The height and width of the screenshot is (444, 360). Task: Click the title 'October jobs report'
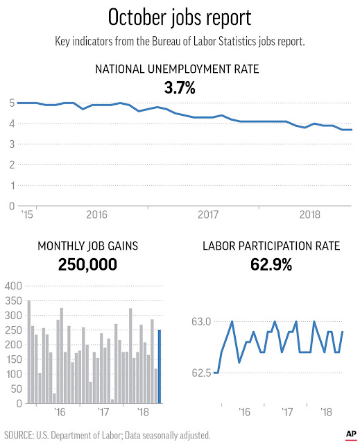click(180, 17)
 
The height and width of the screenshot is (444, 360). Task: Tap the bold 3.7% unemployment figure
click(180, 88)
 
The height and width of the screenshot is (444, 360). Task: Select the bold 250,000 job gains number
click(87, 265)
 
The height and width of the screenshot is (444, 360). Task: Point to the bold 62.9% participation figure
click(271, 265)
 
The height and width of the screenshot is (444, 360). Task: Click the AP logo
click(351, 435)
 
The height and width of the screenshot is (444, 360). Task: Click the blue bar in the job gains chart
click(160, 367)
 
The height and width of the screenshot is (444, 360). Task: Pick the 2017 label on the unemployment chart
click(208, 214)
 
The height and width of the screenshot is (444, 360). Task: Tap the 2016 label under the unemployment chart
click(97, 214)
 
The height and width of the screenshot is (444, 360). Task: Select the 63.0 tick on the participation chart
click(201, 322)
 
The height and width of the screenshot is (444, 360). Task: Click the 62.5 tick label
click(201, 373)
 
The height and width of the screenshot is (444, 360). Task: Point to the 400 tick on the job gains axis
click(13, 286)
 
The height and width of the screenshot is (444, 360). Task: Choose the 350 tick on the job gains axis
click(13, 300)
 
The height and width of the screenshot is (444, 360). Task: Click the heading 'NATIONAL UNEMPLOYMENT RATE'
click(177, 69)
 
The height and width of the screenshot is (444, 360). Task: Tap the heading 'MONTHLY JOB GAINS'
click(87, 246)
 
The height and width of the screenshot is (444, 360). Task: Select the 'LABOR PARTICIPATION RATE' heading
click(271, 246)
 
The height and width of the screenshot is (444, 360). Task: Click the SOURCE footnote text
click(108, 435)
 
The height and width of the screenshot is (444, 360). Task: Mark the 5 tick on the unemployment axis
click(12, 103)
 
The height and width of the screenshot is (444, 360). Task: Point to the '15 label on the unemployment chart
click(28, 214)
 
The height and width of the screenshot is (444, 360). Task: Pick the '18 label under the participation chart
click(327, 411)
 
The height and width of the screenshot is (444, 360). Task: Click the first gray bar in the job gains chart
click(29, 352)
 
